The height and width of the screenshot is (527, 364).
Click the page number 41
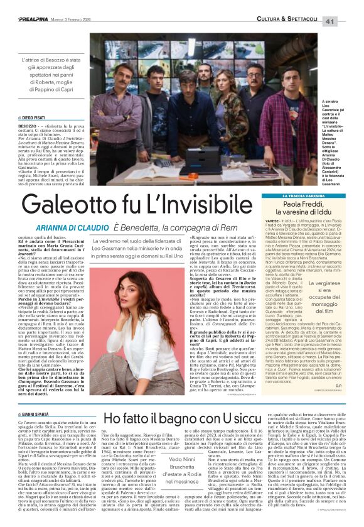(348, 21)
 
